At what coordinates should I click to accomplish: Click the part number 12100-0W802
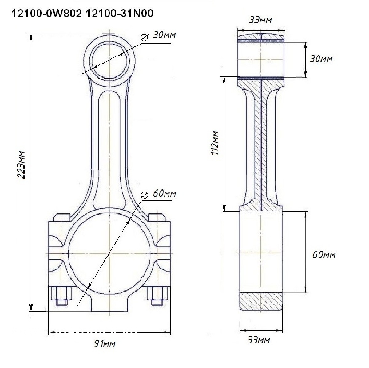click(46, 14)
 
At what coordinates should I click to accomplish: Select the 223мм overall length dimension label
click(21, 165)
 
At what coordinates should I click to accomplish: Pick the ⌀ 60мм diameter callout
click(158, 194)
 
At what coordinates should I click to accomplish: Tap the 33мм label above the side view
click(260, 20)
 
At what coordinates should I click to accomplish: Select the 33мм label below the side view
click(258, 340)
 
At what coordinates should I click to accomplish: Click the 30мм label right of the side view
click(321, 59)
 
